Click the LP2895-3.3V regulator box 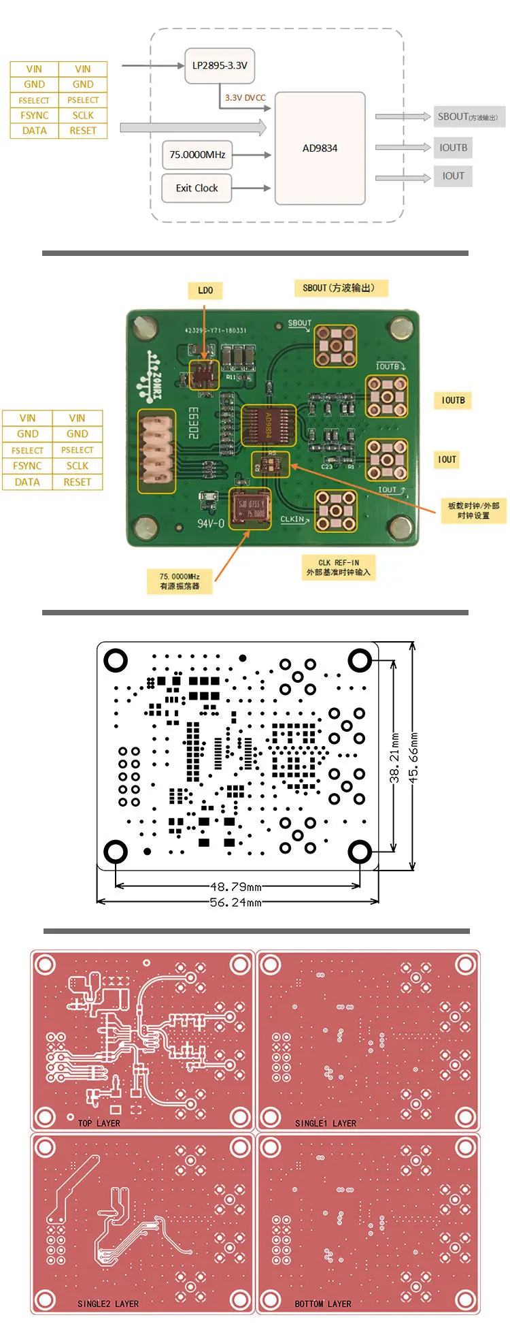click(220, 65)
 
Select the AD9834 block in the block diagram click(320, 148)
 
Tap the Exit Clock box click(197, 188)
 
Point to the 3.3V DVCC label click(245, 97)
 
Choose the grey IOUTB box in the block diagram click(453, 147)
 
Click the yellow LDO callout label click(205, 291)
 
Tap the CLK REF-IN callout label click(338, 568)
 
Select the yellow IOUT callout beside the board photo click(447, 459)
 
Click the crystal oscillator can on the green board click(250, 508)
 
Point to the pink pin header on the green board click(156, 451)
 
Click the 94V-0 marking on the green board click(211, 523)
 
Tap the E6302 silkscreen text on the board click(193, 422)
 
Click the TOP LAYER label click(99, 1123)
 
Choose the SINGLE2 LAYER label click(108, 1303)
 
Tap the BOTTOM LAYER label click(323, 1303)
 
